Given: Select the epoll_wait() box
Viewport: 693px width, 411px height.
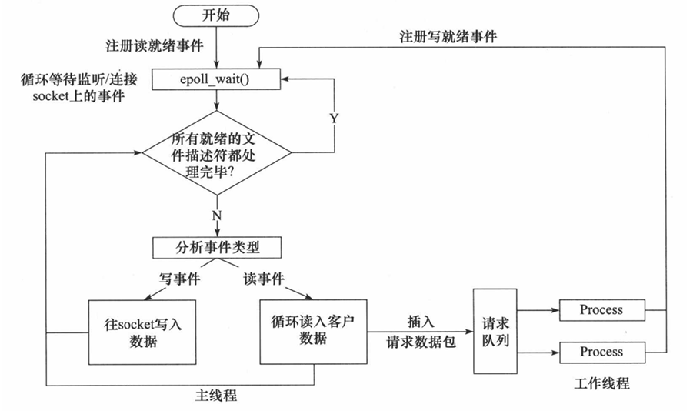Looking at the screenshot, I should pos(216,78).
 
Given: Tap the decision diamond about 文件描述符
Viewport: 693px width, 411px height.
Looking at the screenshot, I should pos(216,152).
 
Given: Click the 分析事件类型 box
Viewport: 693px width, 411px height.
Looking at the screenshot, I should pos(216,248).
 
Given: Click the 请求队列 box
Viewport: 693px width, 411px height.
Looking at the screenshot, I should pos(492,332).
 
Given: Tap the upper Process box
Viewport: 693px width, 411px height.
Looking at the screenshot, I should pos(601,309).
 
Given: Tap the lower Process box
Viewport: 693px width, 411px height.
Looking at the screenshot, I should pos(601,352).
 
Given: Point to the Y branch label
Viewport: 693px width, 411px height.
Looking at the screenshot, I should pos(333,119).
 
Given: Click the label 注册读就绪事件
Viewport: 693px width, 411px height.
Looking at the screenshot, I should pos(155,46).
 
